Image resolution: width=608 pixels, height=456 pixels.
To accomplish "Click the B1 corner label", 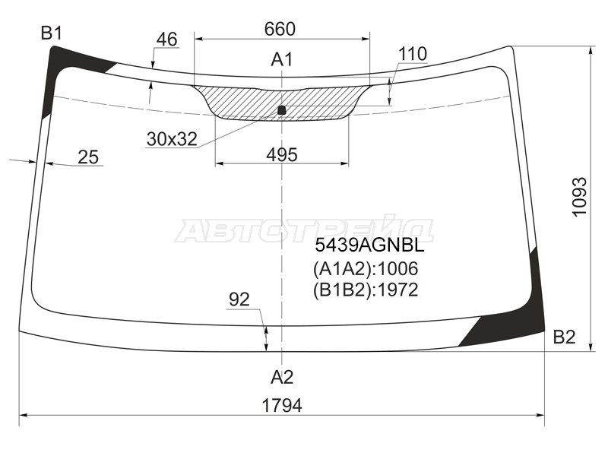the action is (52, 33).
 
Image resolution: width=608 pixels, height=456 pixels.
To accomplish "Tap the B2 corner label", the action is (564, 337).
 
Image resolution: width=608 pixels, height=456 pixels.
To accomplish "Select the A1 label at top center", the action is (282, 60).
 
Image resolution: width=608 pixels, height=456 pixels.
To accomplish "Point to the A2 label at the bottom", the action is (282, 377).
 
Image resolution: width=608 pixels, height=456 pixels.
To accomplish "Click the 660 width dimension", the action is (280, 29).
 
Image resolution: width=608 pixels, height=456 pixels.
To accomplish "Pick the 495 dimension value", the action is (282, 155).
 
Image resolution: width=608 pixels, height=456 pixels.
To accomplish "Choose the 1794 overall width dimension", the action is (282, 406).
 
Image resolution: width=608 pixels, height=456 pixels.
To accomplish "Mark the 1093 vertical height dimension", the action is (579, 197).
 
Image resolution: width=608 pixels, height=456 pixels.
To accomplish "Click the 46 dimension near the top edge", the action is (167, 40).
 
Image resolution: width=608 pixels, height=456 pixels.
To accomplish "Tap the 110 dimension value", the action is (413, 54).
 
